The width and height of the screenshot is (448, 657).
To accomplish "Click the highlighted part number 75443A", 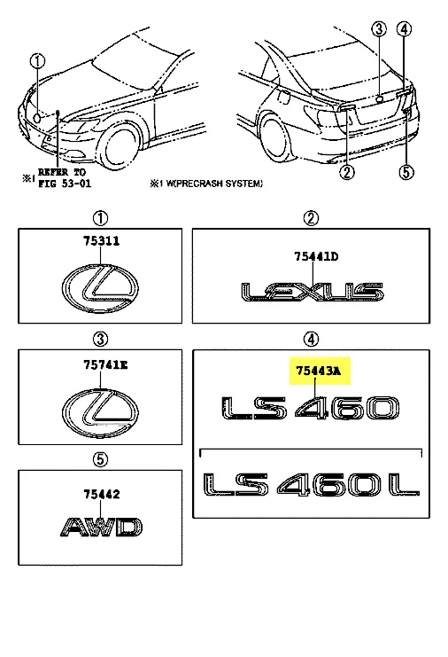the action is [x=319, y=372].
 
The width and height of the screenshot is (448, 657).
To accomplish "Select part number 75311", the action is [x=101, y=241].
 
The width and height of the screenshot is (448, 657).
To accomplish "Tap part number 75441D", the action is [x=316, y=256].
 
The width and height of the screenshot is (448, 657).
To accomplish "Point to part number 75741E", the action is [x=105, y=365].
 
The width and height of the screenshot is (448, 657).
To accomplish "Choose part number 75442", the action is [x=101, y=495].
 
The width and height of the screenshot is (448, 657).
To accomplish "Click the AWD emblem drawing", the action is [x=102, y=528].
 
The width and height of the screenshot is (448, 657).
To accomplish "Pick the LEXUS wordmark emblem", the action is [x=312, y=292].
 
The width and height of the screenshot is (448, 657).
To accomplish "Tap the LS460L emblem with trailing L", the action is [x=312, y=485].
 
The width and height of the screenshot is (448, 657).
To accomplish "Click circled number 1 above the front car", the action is [x=37, y=61].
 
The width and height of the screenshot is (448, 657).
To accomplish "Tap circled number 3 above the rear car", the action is [x=379, y=29].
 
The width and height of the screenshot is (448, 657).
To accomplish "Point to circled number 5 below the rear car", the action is [x=406, y=172].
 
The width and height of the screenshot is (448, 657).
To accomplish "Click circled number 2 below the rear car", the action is [x=347, y=172].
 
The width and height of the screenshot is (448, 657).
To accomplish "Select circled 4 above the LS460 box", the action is [x=311, y=339].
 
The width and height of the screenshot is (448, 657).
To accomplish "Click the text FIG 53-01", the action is [x=65, y=184].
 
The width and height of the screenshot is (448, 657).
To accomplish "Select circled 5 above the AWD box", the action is [x=100, y=459].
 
